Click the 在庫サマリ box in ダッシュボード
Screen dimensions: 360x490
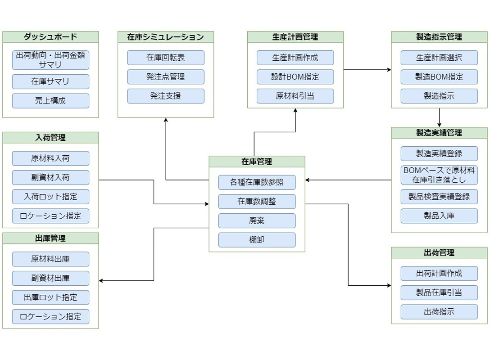click(50, 81)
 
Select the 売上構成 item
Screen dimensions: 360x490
click(50, 101)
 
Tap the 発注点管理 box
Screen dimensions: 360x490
click(165, 77)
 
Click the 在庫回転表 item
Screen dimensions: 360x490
click(165, 58)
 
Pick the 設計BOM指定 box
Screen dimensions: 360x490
click(295, 77)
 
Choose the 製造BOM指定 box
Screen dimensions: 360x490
click(439, 77)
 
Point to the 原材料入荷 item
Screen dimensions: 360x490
click(50, 158)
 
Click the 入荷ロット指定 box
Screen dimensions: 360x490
click(50, 197)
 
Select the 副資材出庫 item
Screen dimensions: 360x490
click(50, 278)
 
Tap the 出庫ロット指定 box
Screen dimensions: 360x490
click(50, 297)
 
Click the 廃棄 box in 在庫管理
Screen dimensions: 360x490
click(257, 220)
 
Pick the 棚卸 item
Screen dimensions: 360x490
click(257, 240)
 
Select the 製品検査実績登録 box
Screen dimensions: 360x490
click(439, 197)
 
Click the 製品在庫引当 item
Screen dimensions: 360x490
click(439, 293)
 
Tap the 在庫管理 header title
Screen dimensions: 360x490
click(257, 162)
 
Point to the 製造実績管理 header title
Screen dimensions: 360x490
click(439, 133)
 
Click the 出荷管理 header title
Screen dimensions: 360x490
click(439, 252)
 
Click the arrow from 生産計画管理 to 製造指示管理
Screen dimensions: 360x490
click(367, 70)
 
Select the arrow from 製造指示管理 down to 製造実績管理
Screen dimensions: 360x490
click(439, 117)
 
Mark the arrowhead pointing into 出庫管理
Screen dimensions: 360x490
click(101, 281)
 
